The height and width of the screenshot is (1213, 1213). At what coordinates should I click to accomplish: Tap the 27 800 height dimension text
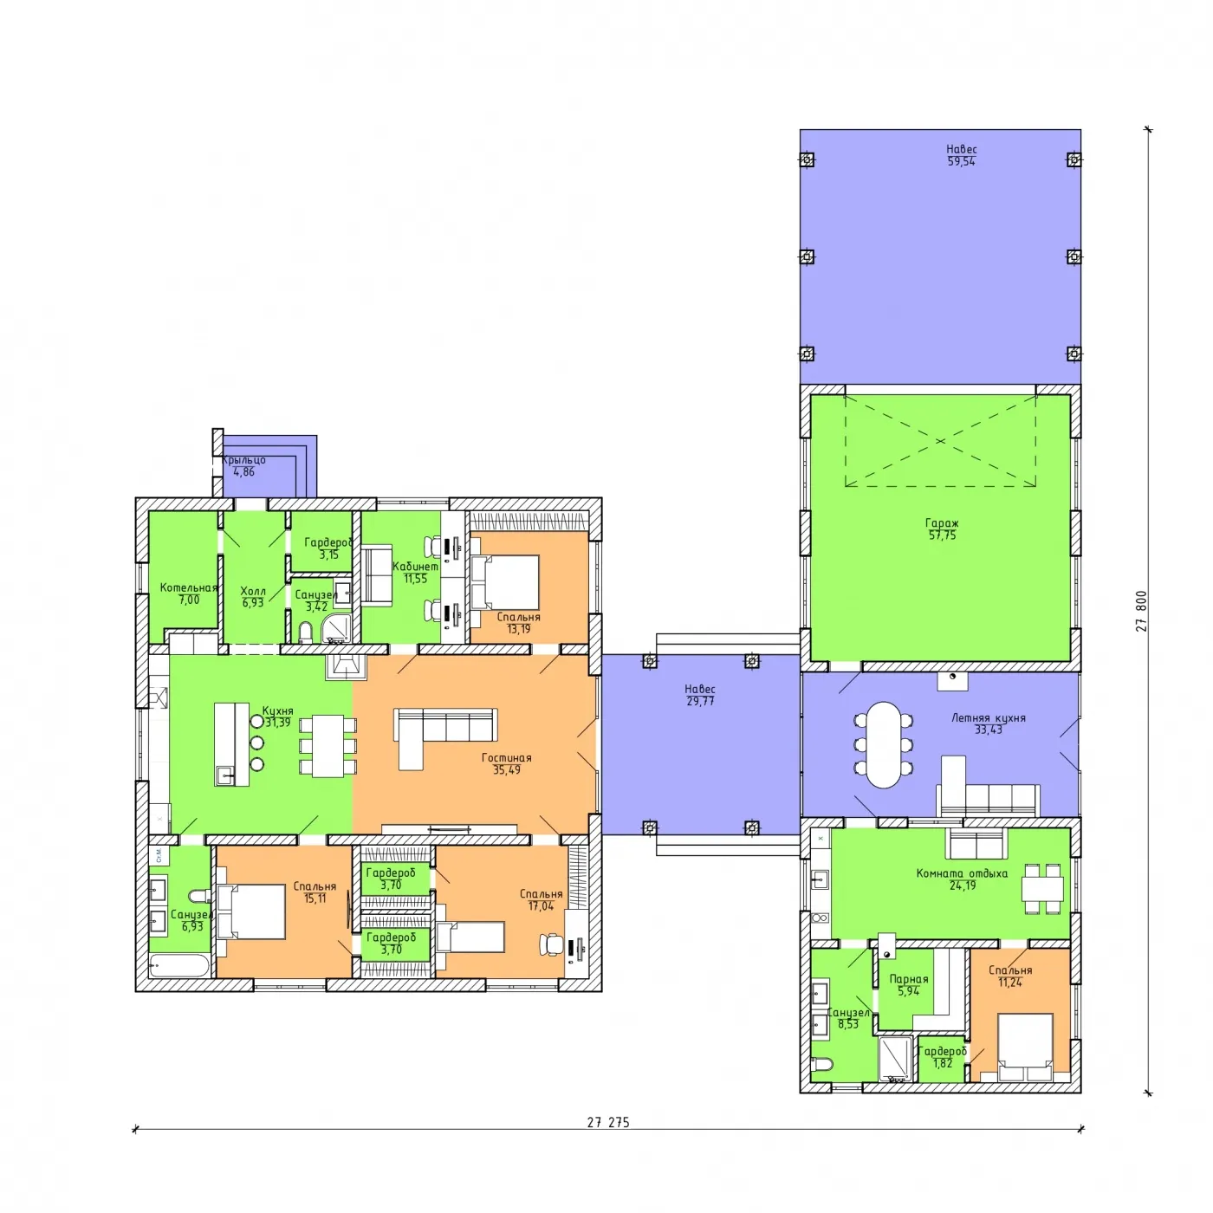tap(1141, 611)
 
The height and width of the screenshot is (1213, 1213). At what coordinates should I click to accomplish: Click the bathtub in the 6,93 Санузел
tap(178, 965)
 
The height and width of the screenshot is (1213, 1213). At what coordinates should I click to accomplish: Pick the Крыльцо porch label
tap(243, 459)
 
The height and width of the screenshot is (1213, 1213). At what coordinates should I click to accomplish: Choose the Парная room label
tap(908, 979)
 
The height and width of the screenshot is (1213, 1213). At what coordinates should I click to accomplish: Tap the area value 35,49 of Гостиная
tap(507, 770)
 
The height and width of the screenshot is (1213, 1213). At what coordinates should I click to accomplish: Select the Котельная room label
tap(188, 587)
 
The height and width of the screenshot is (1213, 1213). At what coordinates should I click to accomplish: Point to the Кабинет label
tap(416, 567)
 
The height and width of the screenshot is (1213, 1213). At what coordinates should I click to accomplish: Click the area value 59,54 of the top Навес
tap(961, 161)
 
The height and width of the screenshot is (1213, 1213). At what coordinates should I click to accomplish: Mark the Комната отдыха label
tap(962, 873)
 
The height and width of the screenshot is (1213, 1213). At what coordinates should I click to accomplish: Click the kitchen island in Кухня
tap(231, 744)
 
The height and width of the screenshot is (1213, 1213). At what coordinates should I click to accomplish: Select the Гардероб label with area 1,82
tap(943, 1051)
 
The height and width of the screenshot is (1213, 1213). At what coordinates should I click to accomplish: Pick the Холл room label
tap(253, 591)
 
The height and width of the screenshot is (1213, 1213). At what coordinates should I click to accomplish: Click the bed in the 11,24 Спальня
tap(1025, 1047)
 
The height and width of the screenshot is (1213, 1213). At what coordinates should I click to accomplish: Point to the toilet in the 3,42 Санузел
tap(305, 632)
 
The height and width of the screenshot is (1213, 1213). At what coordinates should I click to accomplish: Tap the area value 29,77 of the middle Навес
tap(700, 701)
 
